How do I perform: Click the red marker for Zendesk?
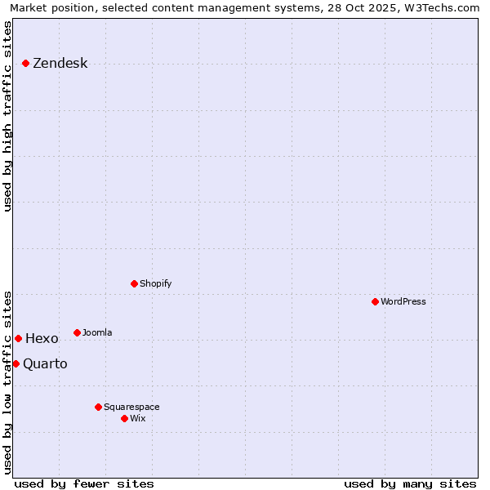pyautogui.click(x=25, y=63)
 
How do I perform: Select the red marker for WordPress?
pyautogui.click(x=375, y=301)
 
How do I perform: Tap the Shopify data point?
pyautogui.click(x=134, y=283)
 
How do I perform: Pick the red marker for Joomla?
pyautogui.click(x=77, y=332)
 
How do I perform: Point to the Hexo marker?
pyautogui.click(x=18, y=338)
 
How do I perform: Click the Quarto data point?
pyautogui.click(x=16, y=363)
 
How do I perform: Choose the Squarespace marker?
pyautogui.click(x=98, y=407)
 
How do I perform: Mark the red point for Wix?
pyautogui.click(x=124, y=418)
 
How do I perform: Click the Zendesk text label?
pyautogui.click(x=60, y=64)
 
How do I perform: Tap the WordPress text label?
pyautogui.click(x=403, y=301)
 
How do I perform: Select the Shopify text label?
pyautogui.click(x=155, y=283)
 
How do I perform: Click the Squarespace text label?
pyautogui.click(x=131, y=407)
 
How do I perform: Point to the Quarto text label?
pyautogui.click(x=45, y=363)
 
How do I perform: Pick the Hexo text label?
pyautogui.click(x=42, y=339)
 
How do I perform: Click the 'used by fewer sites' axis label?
pyautogui.click(x=84, y=483)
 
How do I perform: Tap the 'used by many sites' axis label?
pyautogui.click(x=410, y=483)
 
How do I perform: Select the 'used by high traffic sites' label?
pyautogui.click(x=7, y=116)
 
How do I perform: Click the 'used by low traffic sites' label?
pyautogui.click(x=7, y=381)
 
